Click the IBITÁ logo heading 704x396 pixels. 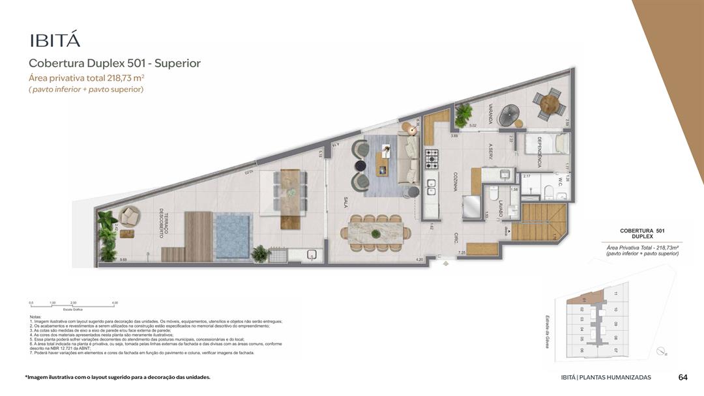55,40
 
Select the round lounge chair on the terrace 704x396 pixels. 129,216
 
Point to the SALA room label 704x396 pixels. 346,202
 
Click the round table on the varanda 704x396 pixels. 550,104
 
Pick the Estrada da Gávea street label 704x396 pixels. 549,330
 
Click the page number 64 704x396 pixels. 683,377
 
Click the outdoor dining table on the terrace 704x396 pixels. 290,190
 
